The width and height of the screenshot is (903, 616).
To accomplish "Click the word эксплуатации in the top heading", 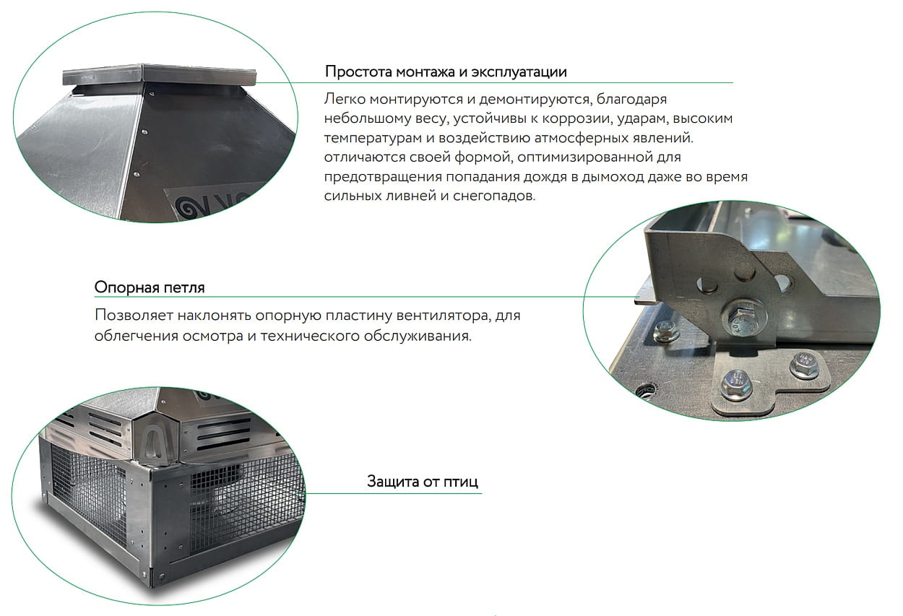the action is (x=519, y=72).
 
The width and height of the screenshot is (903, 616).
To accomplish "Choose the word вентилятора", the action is (x=444, y=316).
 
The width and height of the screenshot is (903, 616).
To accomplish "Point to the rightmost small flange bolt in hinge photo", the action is (x=805, y=365).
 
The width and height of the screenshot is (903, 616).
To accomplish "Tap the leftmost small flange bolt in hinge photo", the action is (x=666, y=331).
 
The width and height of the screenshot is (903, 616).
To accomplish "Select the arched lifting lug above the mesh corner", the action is (x=154, y=446).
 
